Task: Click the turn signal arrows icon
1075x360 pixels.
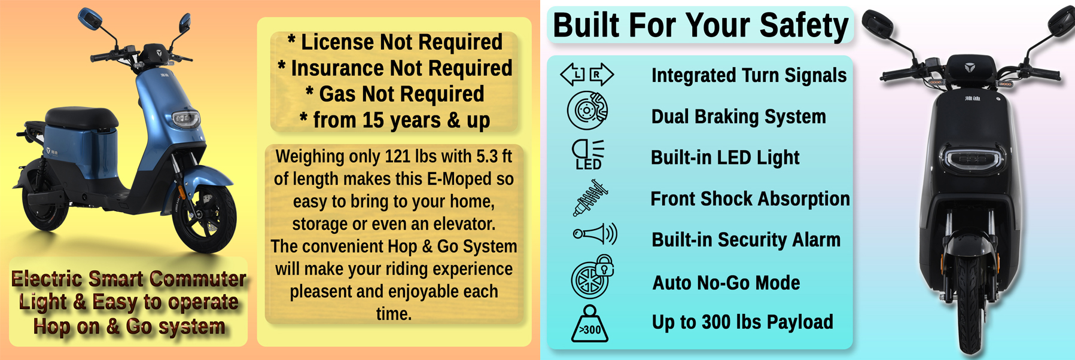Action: (x=587, y=74)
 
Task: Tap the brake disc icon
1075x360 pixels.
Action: (x=587, y=111)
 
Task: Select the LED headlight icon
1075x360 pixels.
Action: (x=588, y=154)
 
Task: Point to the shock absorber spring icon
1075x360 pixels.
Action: (x=590, y=198)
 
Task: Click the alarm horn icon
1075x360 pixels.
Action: (x=595, y=234)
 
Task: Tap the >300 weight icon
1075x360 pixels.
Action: (x=590, y=324)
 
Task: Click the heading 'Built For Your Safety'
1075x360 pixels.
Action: (x=701, y=25)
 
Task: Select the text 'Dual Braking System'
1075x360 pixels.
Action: (x=738, y=117)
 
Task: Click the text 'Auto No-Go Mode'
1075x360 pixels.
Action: (x=726, y=282)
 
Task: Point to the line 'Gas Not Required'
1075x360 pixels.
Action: (x=395, y=94)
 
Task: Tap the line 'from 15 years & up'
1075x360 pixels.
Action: (x=395, y=120)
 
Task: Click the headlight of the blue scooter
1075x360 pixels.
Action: (x=185, y=119)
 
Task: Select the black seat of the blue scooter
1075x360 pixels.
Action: (x=81, y=118)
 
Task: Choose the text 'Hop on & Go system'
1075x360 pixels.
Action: (x=129, y=327)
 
